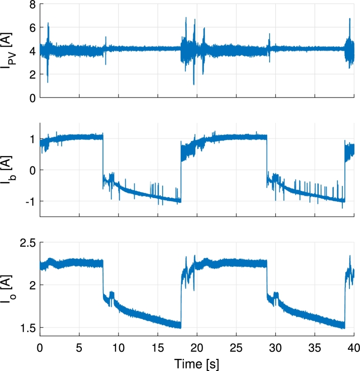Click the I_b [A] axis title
tap(11, 170)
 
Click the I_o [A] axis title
tap(11, 289)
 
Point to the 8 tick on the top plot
tap(31, 5)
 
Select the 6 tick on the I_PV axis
tap(31, 28)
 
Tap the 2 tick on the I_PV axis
tap(31, 75)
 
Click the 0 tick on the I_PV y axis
tap(31, 98)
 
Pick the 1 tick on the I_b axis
tap(31, 139)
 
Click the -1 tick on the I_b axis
tap(29, 201)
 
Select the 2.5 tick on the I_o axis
tap(28, 243)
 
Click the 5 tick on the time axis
tap(79, 348)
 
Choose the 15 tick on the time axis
tap(158, 348)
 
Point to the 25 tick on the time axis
tap(236, 348)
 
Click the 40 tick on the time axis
tap(354, 348)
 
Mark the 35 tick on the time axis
tap(315, 348)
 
